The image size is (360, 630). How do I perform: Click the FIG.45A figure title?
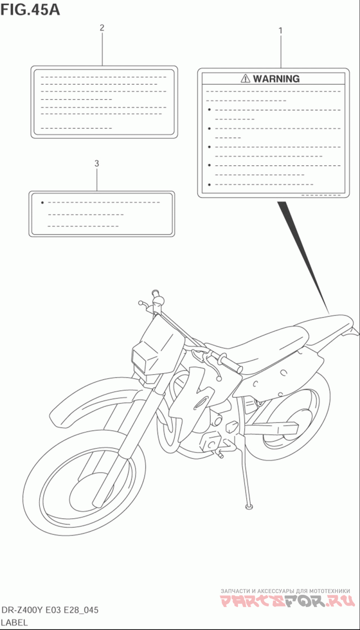coord(30,9)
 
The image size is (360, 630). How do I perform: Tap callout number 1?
coord(280,31)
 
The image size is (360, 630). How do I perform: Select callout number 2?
coord(102,28)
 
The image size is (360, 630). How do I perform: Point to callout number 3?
coord(97,163)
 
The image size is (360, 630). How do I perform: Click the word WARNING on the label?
coord(276,79)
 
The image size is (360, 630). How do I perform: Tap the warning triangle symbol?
coord(245,79)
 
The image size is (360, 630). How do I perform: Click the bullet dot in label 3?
coord(42,203)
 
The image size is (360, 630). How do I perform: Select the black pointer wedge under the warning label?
coord(301,252)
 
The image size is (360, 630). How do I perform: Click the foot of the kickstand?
coord(248,507)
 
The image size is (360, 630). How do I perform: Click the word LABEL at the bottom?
coord(15,623)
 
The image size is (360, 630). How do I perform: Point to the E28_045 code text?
coord(81,611)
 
